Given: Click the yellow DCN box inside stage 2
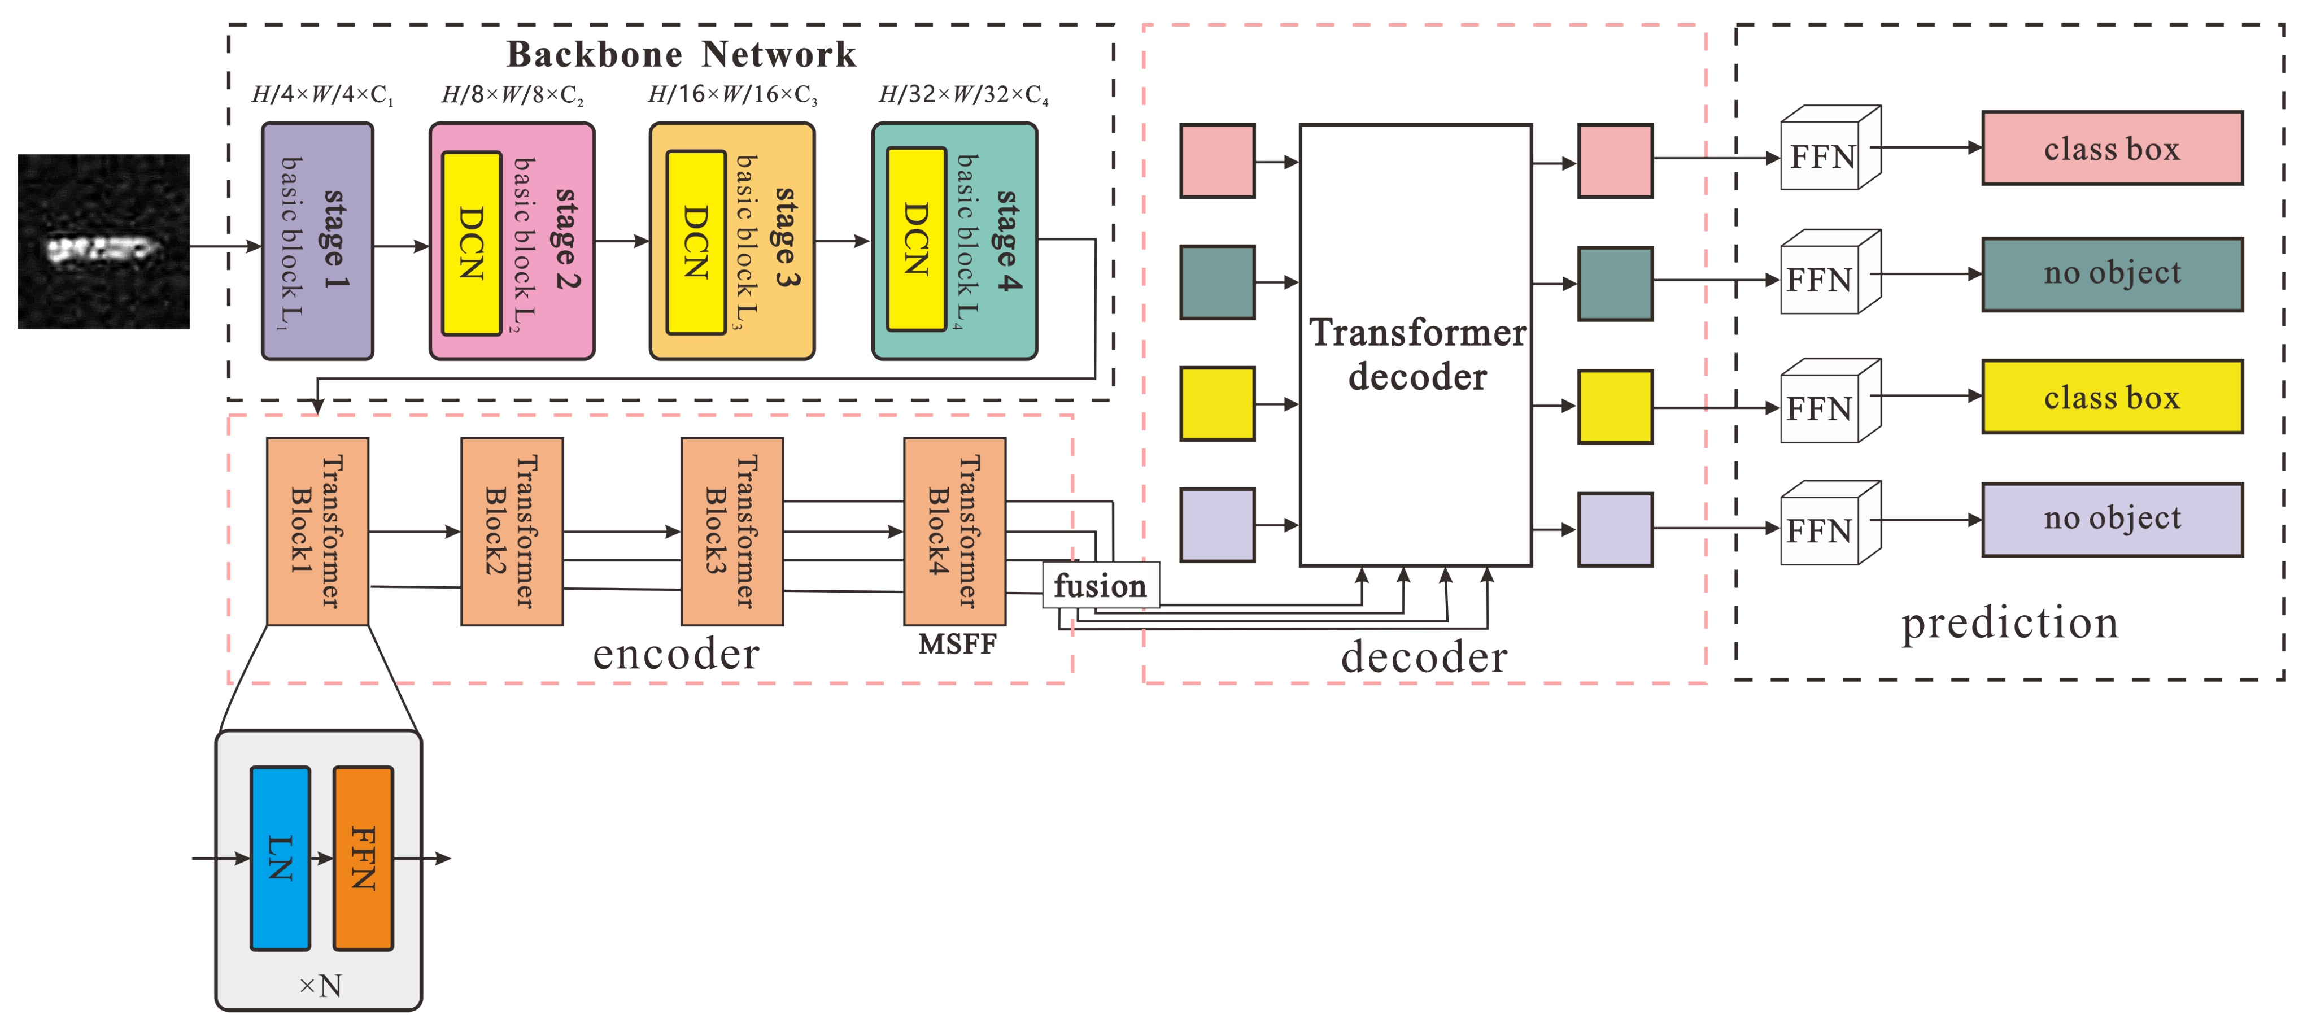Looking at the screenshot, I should coord(471,243).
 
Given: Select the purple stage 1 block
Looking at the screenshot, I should coord(317,241).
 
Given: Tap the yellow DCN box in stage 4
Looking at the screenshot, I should coord(915,240).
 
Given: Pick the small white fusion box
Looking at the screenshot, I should coord(1100,586).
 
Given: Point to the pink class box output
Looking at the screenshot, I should coord(2111,149).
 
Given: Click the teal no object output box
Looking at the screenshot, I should coord(2111,273).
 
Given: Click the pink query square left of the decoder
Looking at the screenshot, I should coord(1217,161).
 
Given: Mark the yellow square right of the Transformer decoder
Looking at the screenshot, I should coord(1615,407).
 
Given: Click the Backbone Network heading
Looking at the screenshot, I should coord(681,55).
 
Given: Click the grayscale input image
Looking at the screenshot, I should coord(104,241).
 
